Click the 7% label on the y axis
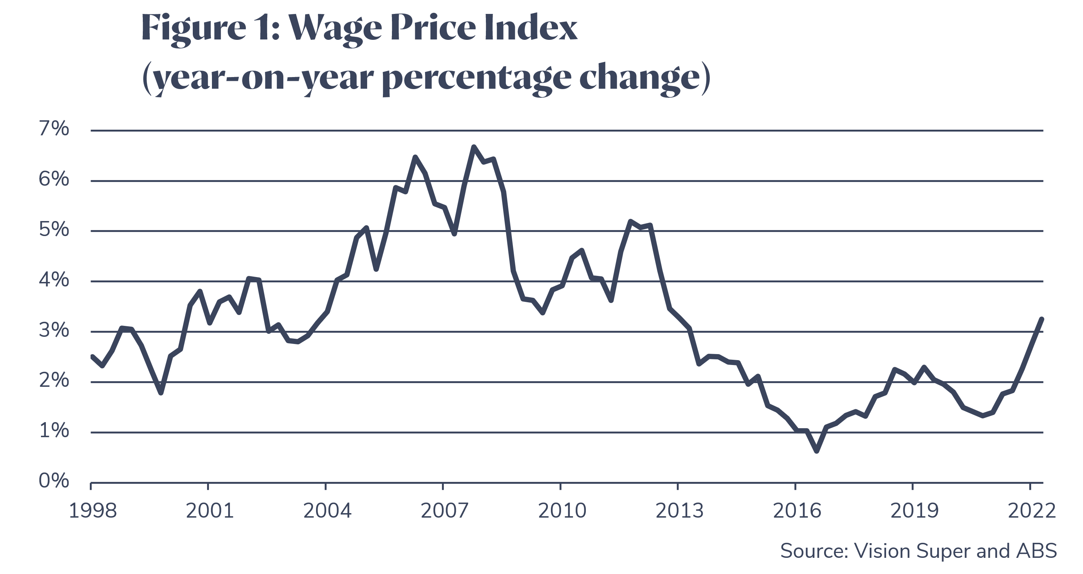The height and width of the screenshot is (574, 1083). [x=54, y=129]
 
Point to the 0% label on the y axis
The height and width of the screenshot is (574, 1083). [x=54, y=481]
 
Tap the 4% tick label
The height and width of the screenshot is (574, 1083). [x=54, y=280]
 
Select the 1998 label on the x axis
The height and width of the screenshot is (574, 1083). [x=92, y=510]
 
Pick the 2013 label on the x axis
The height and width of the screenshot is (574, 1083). [x=679, y=510]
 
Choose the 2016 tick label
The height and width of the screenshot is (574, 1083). [x=797, y=510]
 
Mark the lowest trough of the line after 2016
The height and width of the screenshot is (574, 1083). [x=817, y=451]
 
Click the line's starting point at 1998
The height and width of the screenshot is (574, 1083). [x=92, y=357]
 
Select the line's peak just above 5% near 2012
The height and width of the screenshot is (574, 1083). [x=630, y=221]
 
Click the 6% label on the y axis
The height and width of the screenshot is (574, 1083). [x=54, y=180]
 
